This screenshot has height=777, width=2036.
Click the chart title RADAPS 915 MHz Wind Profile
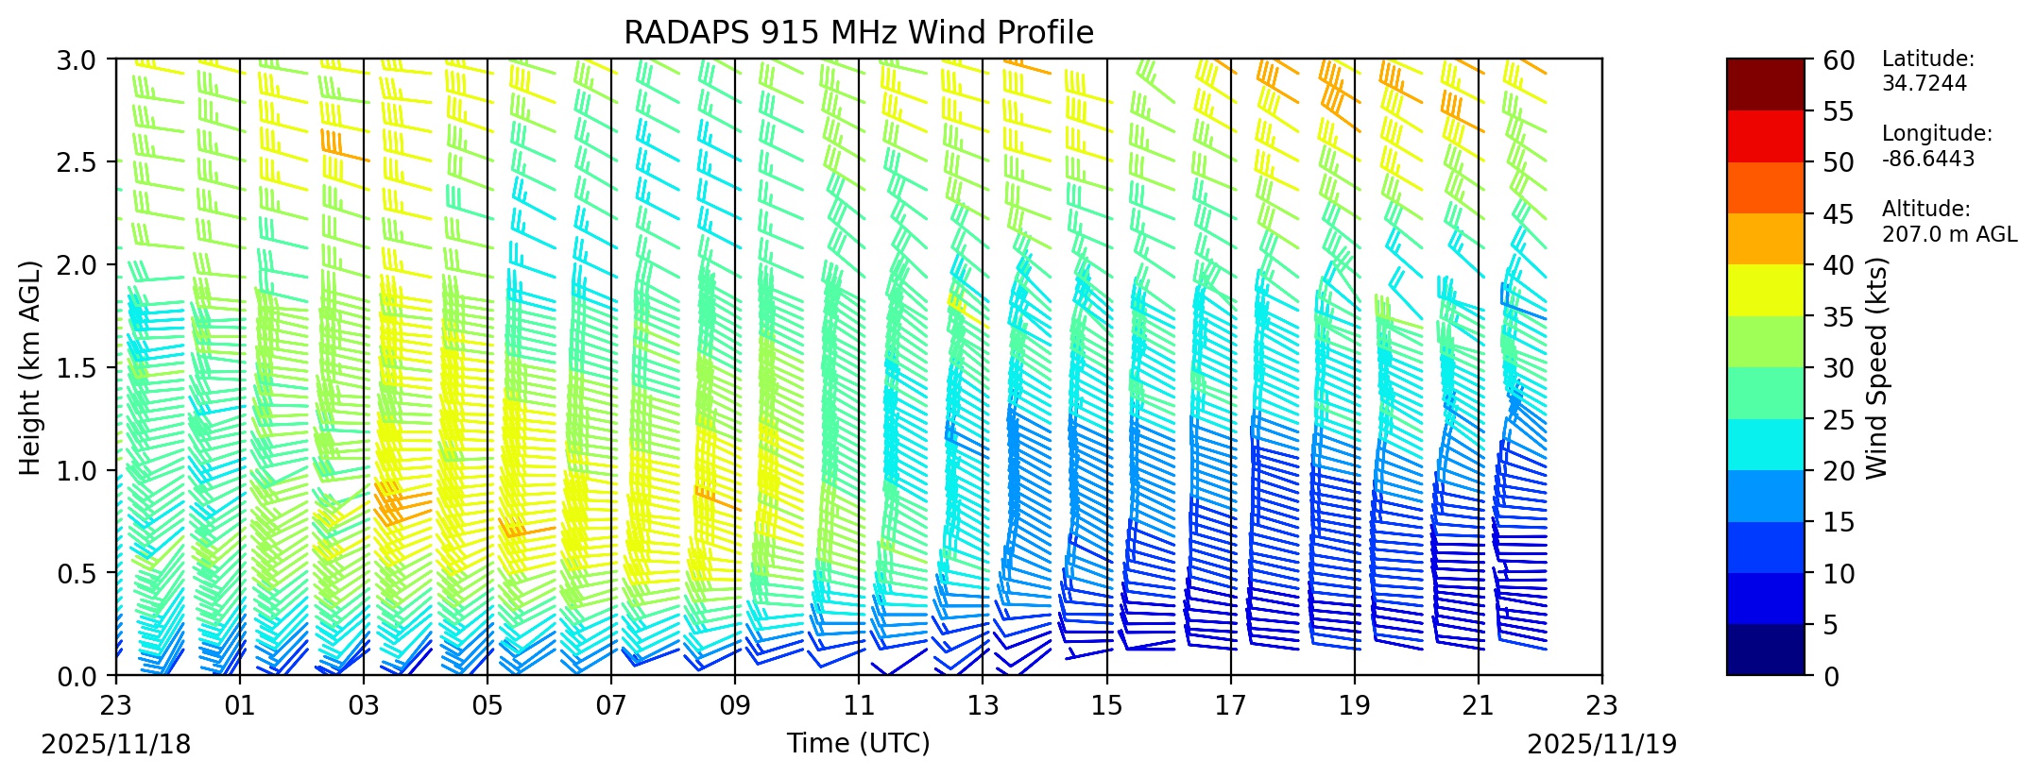point(858,33)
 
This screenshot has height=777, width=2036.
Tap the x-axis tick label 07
point(611,705)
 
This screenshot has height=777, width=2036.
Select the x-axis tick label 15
point(1106,705)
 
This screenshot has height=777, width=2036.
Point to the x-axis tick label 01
point(240,705)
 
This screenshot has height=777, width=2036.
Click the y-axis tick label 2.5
point(86,162)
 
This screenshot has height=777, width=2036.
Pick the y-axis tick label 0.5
point(86,573)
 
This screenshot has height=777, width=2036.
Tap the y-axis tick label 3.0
point(86,59)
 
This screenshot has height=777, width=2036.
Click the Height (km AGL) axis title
point(30,367)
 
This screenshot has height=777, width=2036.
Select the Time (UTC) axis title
point(858,744)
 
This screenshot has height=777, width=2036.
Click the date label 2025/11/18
point(116,745)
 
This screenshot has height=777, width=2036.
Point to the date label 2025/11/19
point(1601,745)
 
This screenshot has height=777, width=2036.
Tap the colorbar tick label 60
point(1840,61)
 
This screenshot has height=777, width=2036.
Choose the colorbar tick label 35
point(1840,317)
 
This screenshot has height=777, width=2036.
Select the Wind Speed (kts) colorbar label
point(1876,367)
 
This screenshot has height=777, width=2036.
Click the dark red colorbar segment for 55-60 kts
point(1764,85)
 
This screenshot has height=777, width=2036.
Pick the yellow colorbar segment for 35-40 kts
point(1764,290)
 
